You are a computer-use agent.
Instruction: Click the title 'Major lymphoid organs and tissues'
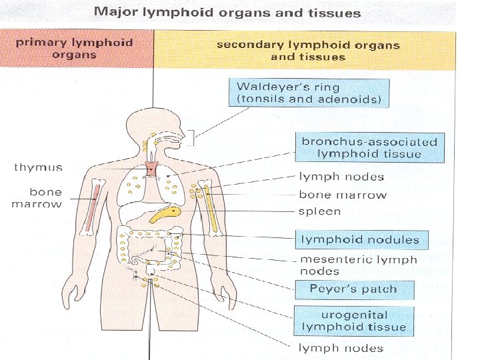coord(227,12)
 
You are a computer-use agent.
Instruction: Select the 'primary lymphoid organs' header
coord(75,49)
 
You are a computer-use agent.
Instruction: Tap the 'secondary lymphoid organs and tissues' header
coord(308,51)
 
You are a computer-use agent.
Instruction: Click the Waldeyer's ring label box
coord(309,93)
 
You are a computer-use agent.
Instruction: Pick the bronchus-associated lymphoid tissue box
coord(369,148)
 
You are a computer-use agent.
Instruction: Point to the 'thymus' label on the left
coord(39,167)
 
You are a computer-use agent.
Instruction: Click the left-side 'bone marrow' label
coord(36,198)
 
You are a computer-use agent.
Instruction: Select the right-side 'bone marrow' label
coord(342,195)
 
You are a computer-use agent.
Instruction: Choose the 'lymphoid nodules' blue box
coord(360,239)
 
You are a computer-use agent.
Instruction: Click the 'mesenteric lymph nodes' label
coord(359,265)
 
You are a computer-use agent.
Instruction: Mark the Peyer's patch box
coord(353,289)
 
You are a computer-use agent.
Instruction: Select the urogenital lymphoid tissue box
coord(353,321)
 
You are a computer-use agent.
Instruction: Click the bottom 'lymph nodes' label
coord(341,348)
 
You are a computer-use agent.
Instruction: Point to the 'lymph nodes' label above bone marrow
coord(341,177)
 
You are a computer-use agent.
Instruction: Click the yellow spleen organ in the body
coord(165,215)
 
